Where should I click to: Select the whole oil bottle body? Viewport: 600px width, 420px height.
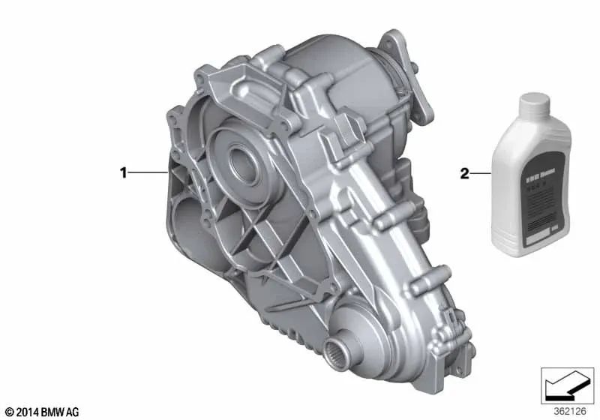tap(534, 180)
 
